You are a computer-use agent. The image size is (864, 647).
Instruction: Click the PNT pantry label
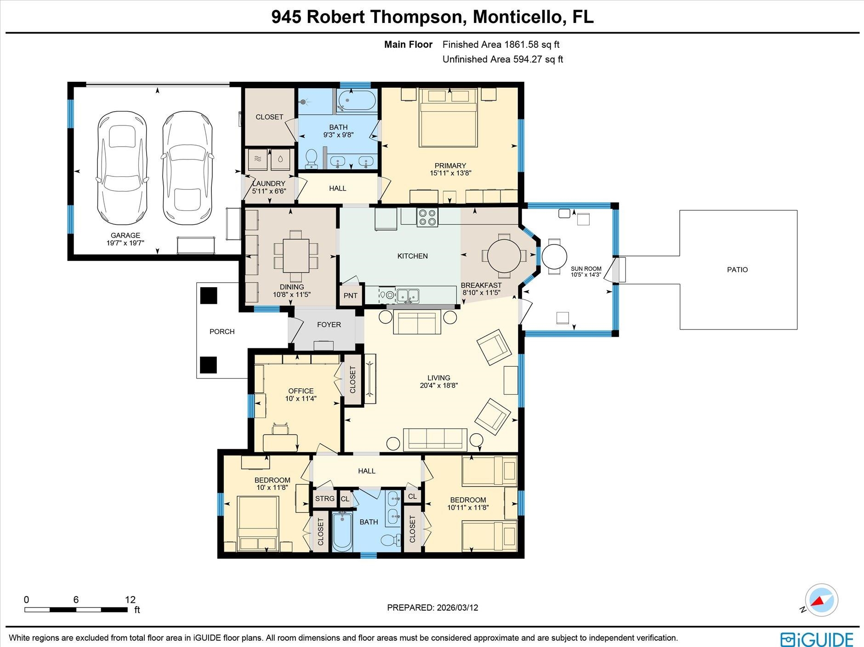[350, 295]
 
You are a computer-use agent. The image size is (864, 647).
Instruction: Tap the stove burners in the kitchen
[427, 217]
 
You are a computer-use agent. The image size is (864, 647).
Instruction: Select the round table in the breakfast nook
[504, 256]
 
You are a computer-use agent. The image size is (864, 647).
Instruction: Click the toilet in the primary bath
[311, 159]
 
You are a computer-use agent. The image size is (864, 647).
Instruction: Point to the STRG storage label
[324, 499]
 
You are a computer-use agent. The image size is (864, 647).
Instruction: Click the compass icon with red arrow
[822, 600]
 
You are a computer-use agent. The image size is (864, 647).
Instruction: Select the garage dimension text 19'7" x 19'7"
[125, 243]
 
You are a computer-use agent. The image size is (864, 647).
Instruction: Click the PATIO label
[737, 270]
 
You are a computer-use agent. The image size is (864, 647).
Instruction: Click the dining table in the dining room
[296, 256]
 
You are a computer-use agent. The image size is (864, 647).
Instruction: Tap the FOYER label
[329, 324]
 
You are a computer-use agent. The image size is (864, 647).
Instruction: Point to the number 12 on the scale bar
[130, 599]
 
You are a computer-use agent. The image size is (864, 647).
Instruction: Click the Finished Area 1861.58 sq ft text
[500, 45]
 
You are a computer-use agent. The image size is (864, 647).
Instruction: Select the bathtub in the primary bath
[357, 100]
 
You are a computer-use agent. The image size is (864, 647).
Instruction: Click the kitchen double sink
[408, 295]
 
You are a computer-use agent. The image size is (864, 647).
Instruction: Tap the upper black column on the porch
[208, 295]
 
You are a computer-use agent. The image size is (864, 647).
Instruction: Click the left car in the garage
[122, 168]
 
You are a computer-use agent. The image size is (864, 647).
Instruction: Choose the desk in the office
[280, 442]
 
